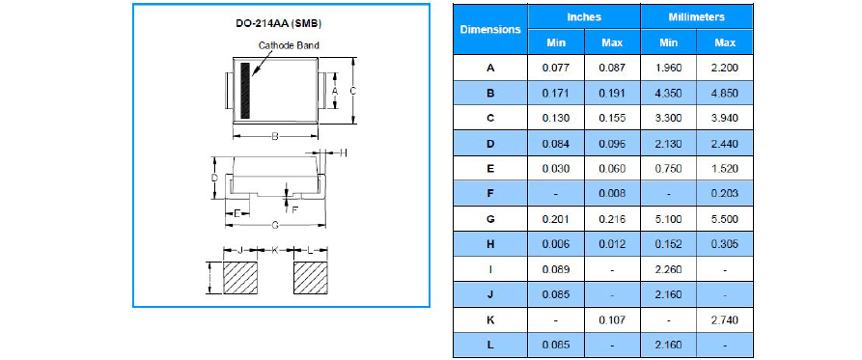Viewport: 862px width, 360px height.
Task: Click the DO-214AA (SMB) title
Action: pos(275,24)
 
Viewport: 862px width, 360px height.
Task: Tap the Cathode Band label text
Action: pos(289,45)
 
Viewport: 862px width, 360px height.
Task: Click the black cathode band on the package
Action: pos(245,91)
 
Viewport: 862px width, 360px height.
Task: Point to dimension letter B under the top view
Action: pos(275,136)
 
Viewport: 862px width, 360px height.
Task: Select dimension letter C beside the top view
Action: pos(353,91)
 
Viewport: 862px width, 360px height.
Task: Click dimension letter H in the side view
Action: pos(343,152)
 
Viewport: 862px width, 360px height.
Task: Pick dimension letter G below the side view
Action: pos(275,225)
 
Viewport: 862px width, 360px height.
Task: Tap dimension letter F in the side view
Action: pos(294,209)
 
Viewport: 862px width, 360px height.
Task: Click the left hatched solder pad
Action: pos(240,278)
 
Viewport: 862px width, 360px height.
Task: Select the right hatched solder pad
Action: pos(311,278)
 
